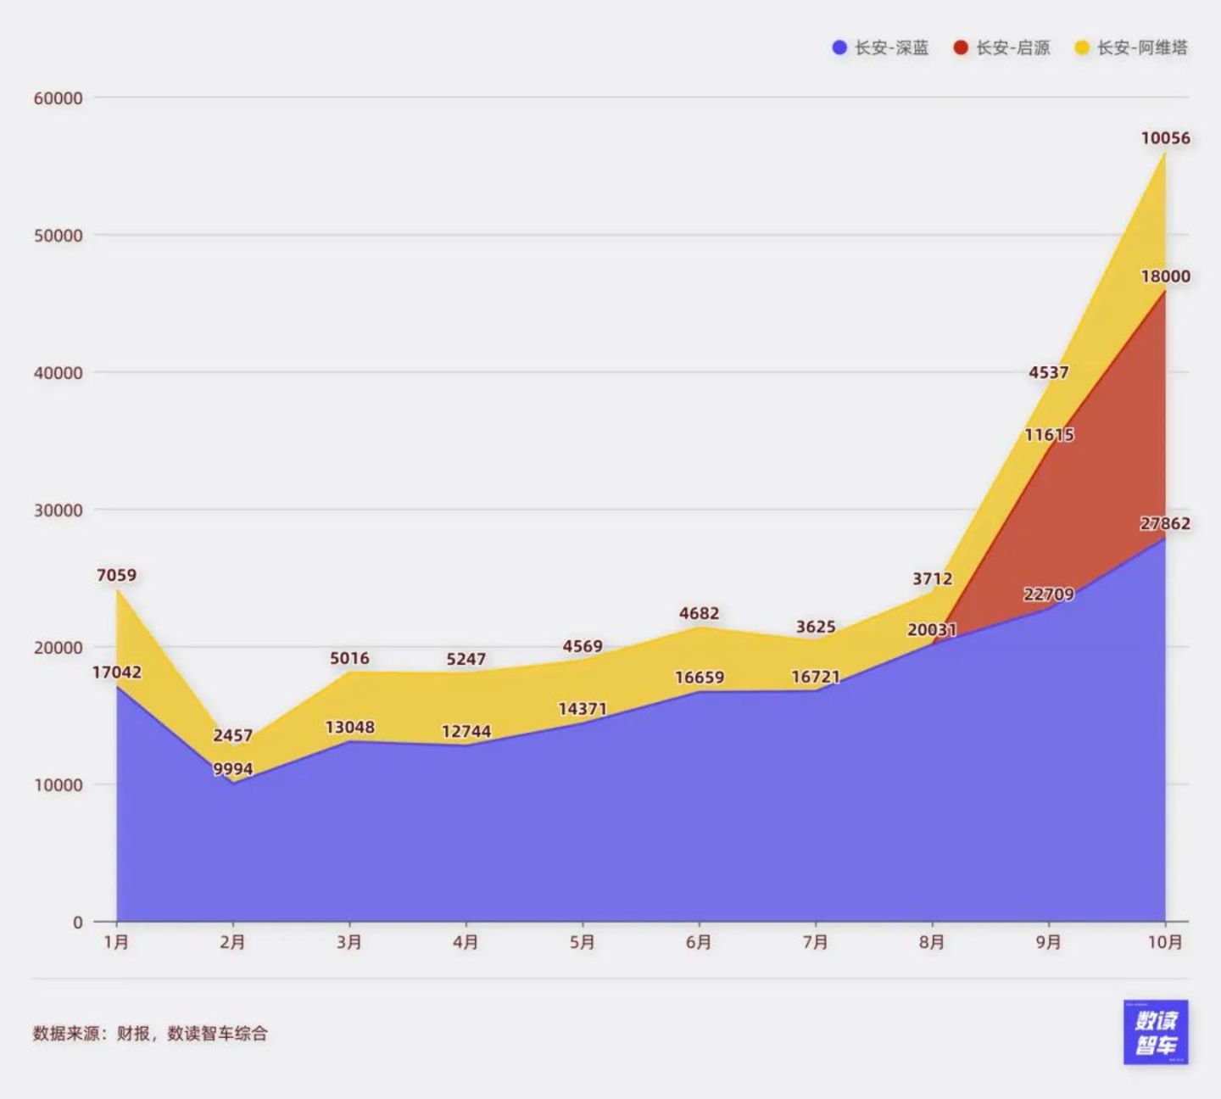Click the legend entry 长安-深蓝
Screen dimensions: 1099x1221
(881, 47)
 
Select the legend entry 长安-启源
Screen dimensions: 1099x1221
(1002, 47)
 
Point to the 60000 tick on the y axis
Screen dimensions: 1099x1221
(59, 98)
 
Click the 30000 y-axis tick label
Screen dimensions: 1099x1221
(59, 510)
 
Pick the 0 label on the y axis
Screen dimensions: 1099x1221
(78, 922)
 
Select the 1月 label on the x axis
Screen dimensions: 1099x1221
(116, 942)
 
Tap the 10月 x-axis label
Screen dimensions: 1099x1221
(1165, 942)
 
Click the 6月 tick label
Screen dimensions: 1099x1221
(699, 942)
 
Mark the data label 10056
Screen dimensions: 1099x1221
(1165, 137)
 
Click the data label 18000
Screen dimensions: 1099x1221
(1165, 276)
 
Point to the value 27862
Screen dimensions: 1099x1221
(1165, 523)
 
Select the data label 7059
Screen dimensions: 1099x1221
(116, 575)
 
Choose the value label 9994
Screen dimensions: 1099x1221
(232, 769)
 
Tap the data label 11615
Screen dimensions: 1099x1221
(1049, 434)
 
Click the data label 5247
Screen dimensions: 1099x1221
(466, 659)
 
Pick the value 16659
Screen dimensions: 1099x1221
(699, 678)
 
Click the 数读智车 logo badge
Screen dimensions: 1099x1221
(1156, 1032)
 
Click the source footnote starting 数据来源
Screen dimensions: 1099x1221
(150, 1033)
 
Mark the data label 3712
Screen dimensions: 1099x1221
(932, 578)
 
